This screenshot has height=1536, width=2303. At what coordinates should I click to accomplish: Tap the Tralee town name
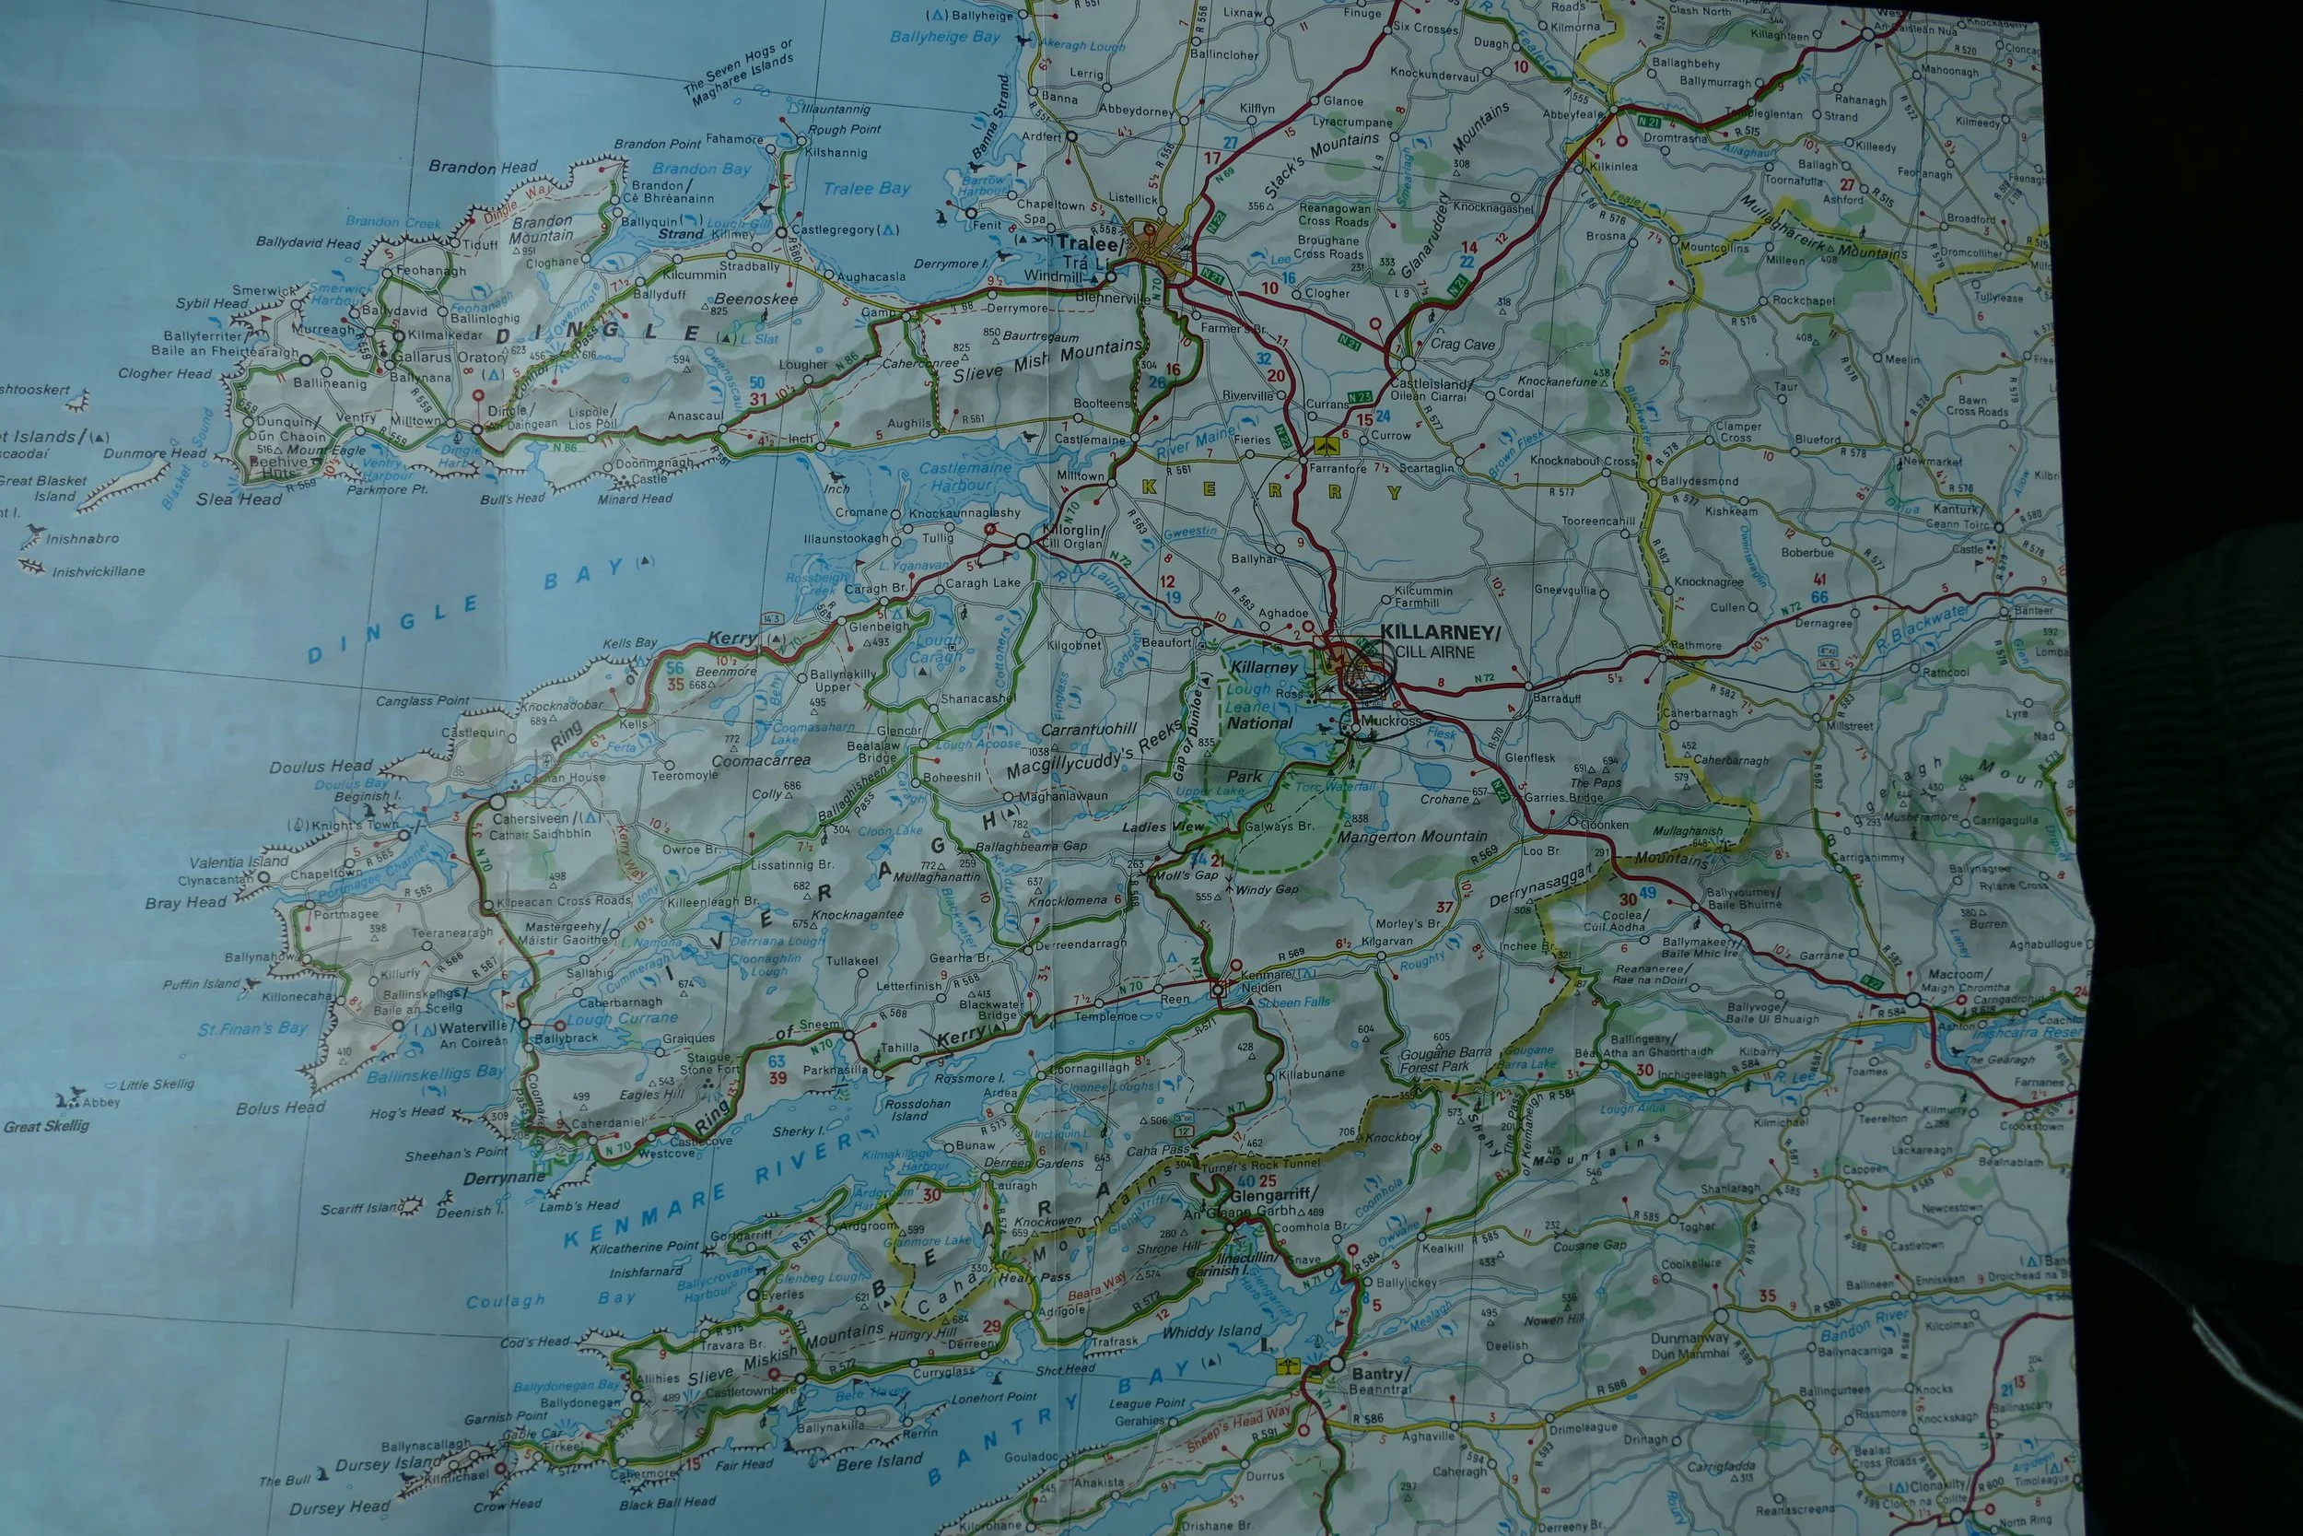coord(1073,242)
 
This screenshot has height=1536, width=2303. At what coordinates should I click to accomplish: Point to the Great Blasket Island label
coord(44,487)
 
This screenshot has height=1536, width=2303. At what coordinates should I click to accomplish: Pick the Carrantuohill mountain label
coord(1089,729)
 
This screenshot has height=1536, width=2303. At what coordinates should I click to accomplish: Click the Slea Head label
coord(239,499)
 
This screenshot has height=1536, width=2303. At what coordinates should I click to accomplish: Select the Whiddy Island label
coord(1211,1331)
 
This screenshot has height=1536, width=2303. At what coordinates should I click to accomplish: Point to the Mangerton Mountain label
coord(1412,838)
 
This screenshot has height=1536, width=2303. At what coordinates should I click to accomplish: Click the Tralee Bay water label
coord(867,188)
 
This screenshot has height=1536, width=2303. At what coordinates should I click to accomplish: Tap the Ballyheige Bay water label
coord(945,37)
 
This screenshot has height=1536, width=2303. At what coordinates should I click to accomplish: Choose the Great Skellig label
coord(46,1126)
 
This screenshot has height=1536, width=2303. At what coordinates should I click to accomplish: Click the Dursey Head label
coord(339,1508)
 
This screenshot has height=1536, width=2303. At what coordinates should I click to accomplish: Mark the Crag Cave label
coord(1462,344)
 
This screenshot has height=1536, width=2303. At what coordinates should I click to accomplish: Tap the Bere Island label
coord(880,1461)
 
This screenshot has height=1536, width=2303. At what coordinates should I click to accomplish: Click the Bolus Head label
coord(280,1108)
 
